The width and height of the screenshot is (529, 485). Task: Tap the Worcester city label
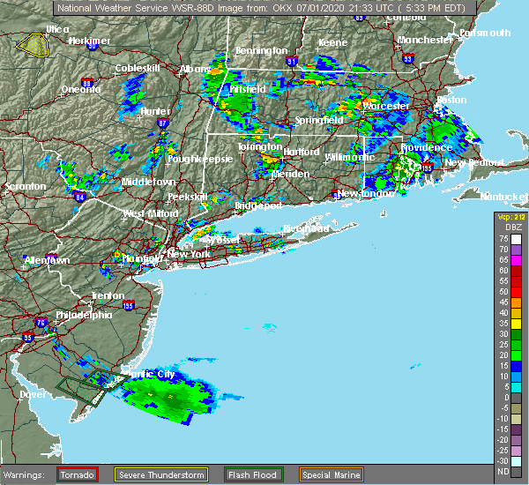coord(386,106)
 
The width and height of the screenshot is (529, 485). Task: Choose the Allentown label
coord(46,261)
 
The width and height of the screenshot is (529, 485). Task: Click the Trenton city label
coord(108,295)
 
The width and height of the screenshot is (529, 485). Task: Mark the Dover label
coord(33,394)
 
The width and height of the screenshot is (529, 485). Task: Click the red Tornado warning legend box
coord(78,474)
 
